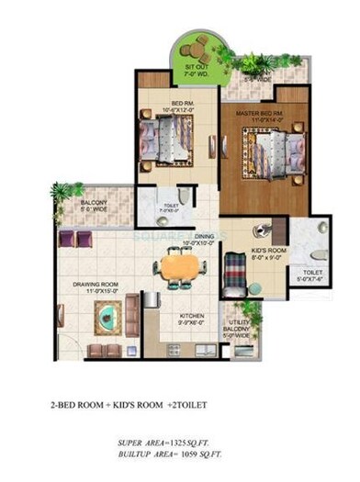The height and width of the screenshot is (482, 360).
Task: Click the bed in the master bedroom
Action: pyautogui.click(x=268, y=147)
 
